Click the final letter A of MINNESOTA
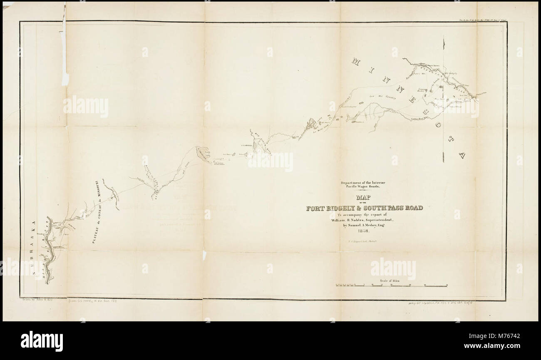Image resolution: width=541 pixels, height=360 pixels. pos(461,156)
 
